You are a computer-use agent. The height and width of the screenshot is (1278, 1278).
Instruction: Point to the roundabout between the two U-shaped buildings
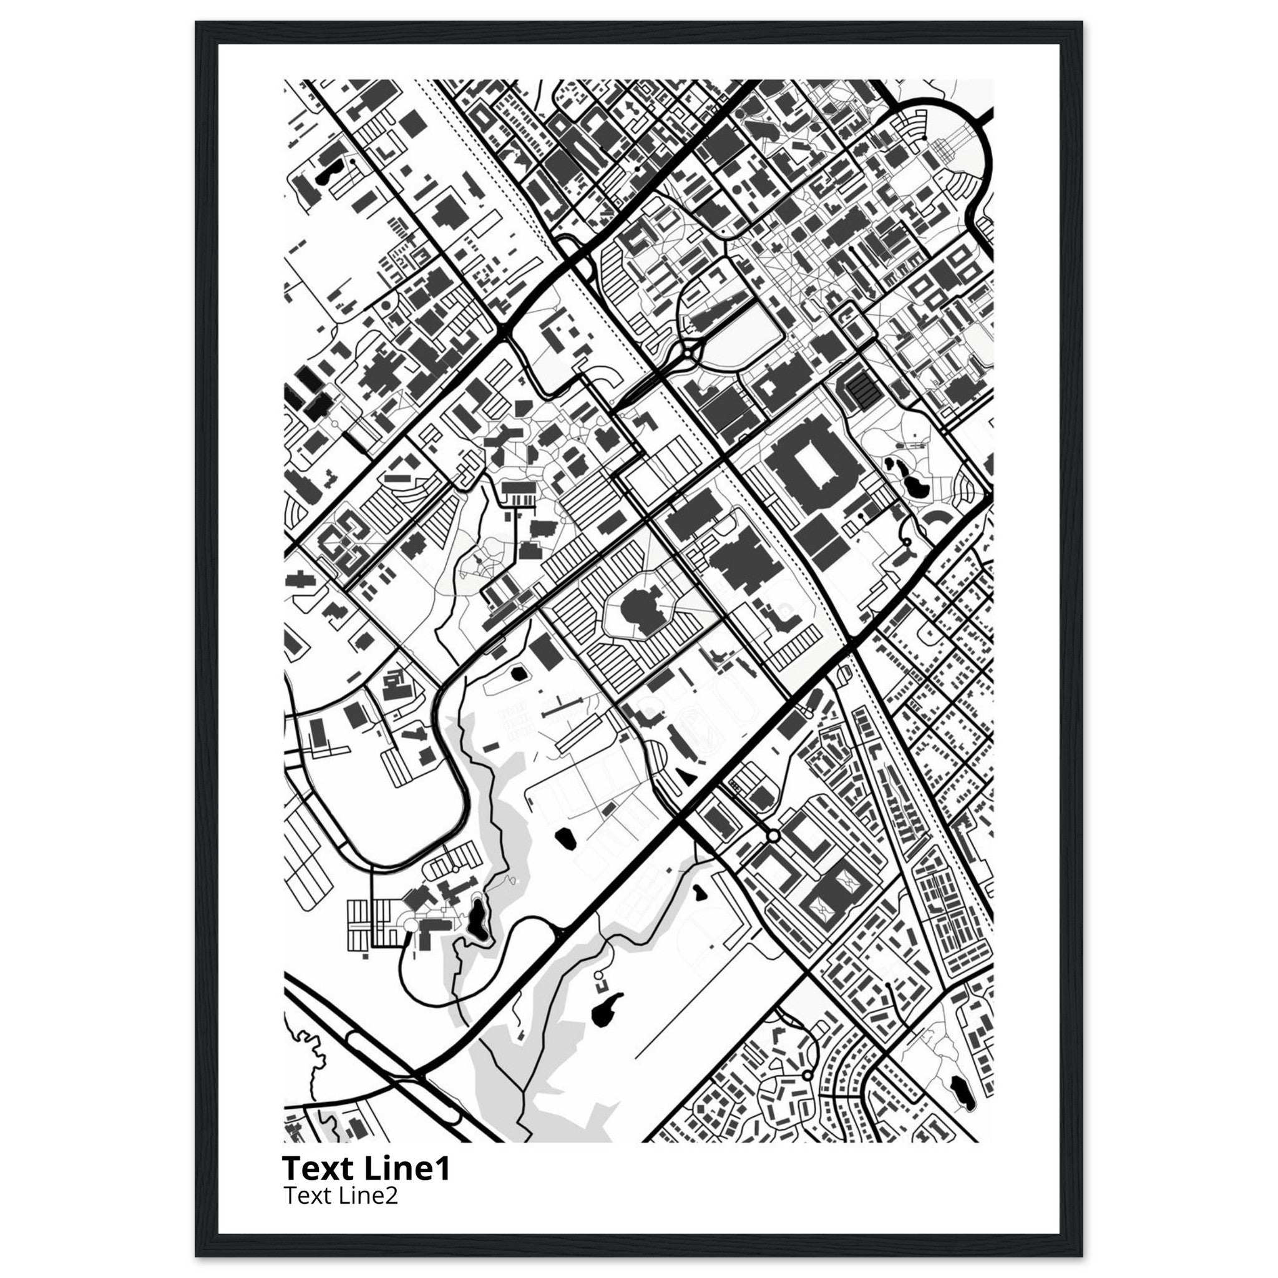[x=773, y=837]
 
